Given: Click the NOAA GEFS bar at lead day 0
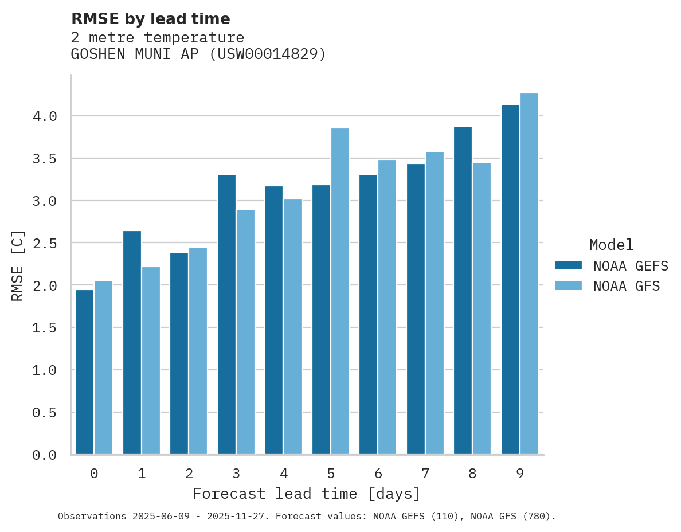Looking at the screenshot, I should tap(84, 373).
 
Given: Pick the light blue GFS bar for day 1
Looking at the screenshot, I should tap(151, 361).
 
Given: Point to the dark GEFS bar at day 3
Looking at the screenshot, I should tap(226, 315).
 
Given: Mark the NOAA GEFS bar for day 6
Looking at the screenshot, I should tap(368, 315).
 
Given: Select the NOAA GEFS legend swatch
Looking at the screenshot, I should tap(568, 265).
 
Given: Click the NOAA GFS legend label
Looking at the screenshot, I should tap(627, 286).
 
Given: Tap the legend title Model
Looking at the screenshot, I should tap(612, 245).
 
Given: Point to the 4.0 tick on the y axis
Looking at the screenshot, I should tap(45, 116).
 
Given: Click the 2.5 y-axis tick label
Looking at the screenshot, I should tap(45, 244).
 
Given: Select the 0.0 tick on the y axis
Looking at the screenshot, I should tap(45, 455).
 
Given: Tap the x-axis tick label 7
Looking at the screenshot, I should tap(425, 474).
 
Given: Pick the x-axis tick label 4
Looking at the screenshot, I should tap(283, 474).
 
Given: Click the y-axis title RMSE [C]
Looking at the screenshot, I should tap(18, 265).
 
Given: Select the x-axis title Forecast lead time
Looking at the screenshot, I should tap(307, 494).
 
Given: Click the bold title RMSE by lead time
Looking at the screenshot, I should tap(150, 19).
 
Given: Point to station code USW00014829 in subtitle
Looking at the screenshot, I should tap(267, 54).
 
